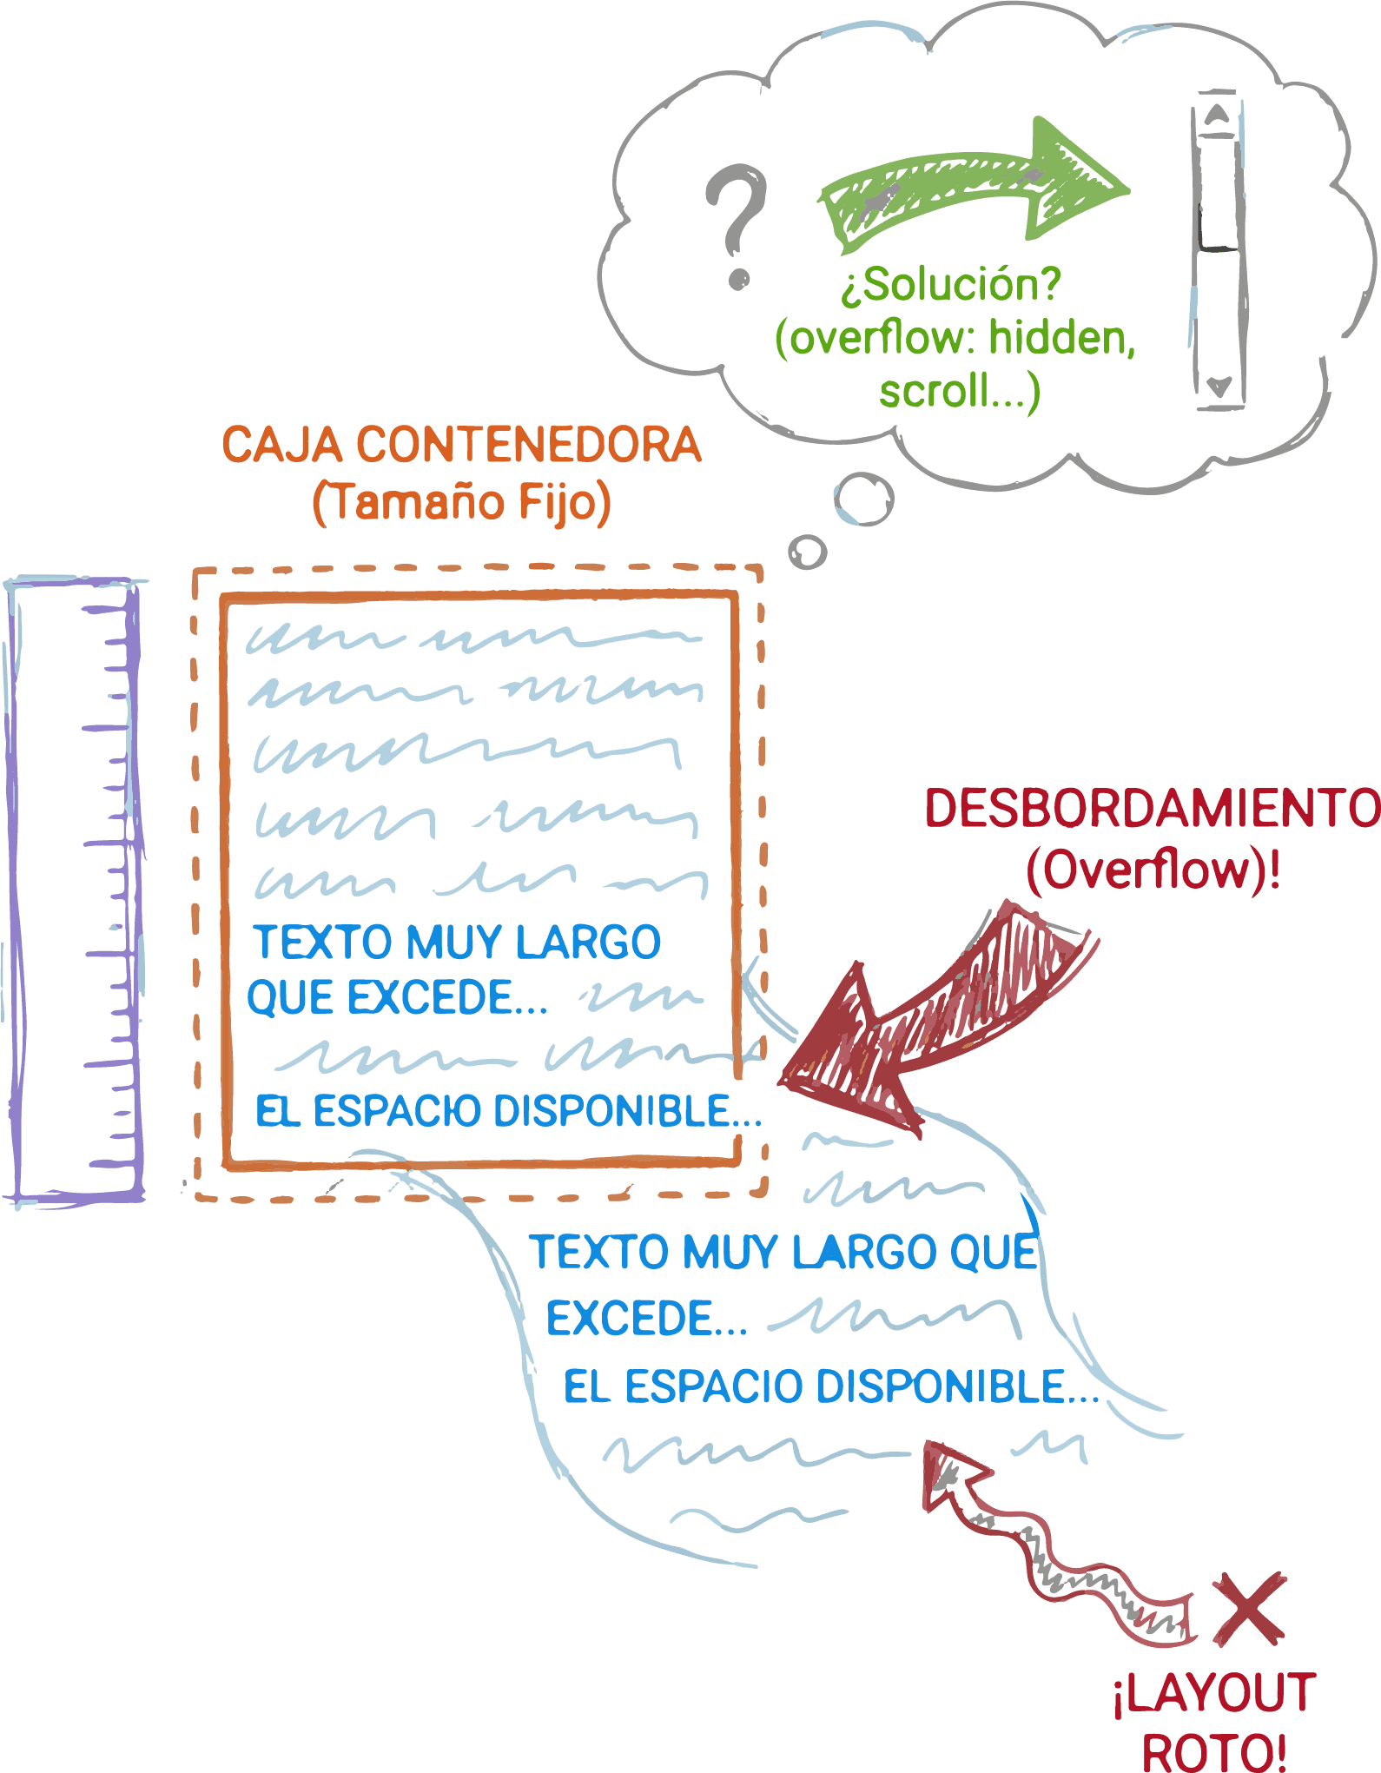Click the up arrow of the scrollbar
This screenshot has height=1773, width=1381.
[1218, 115]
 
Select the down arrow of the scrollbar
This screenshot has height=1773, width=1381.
[1219, 386]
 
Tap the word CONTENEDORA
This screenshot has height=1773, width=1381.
[528, 445]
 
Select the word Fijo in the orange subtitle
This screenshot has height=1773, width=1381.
[564, 502]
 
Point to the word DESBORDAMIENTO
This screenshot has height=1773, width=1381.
[1152, 808]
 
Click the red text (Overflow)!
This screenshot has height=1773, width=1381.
[1152, 869]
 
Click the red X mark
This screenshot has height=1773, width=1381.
[1249, 1607]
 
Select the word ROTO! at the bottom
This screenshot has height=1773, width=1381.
[1213, 1750]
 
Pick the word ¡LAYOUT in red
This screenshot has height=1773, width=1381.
[1214, 1694]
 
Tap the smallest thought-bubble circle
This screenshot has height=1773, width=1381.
[808, 552]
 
